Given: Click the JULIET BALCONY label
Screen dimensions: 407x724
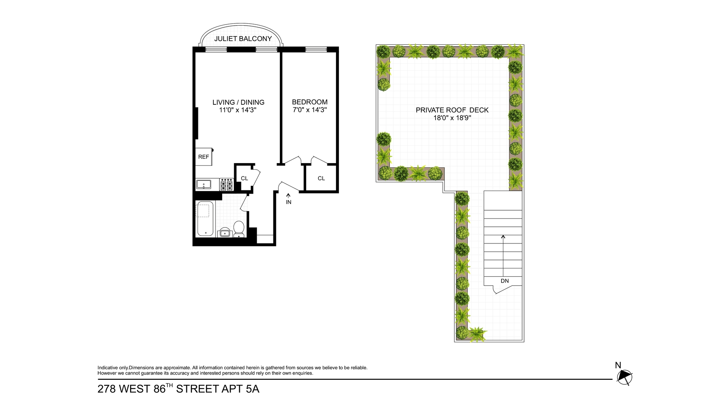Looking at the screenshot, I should (x=243, y=39).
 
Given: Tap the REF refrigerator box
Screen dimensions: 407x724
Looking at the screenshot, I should (x=204, y=157).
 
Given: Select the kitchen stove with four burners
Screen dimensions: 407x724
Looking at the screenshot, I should (x=227, y=185).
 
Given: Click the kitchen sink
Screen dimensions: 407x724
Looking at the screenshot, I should (x=204, y=185).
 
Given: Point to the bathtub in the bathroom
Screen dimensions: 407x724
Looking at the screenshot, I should (x=205, y=219).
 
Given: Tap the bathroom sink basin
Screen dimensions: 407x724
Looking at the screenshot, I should (x=225, y=233).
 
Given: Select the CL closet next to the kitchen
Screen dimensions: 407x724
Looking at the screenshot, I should (x=244, y=178).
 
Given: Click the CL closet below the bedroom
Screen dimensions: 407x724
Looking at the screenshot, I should (x=321, y=178).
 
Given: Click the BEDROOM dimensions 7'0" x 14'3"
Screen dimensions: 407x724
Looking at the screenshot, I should (x=310, y=110).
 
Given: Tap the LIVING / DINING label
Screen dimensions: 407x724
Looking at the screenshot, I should (x=238, y=102).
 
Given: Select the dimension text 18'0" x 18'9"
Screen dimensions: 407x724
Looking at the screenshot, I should (x=452, y=118).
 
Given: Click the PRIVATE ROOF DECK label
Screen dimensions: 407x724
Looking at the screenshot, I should (x=452, y=110).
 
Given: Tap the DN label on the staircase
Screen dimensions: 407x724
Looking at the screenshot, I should (x=505, y=281).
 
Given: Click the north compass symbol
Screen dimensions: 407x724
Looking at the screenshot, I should (x=624, y=377).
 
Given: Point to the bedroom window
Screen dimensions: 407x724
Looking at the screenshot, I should (x=316, y=49).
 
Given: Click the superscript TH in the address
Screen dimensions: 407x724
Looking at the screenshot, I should (x=169, y=385).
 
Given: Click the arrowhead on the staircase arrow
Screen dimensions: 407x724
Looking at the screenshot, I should (x=503, y=237).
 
